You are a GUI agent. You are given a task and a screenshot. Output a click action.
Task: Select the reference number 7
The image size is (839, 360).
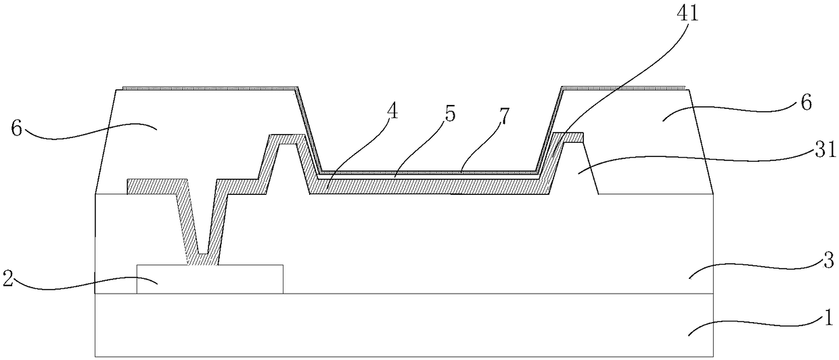click(x=505, y=116)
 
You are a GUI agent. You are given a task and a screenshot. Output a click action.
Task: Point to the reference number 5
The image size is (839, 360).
click(x=450, y=114)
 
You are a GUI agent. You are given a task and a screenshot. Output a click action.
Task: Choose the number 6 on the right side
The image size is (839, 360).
click(x=807, y=102)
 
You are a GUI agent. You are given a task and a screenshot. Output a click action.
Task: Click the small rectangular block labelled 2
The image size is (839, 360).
click(x=210, y=279)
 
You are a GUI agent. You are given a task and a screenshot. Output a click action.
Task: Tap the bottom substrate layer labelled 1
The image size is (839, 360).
click(x=404, y=325)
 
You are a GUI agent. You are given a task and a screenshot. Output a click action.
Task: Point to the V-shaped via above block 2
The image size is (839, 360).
click(x=203, y=225)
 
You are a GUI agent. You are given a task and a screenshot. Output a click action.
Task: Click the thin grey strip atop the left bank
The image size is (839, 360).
click(x=210, y=89)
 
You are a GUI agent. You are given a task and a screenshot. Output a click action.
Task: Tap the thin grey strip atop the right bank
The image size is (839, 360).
click(x=624, y=89)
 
